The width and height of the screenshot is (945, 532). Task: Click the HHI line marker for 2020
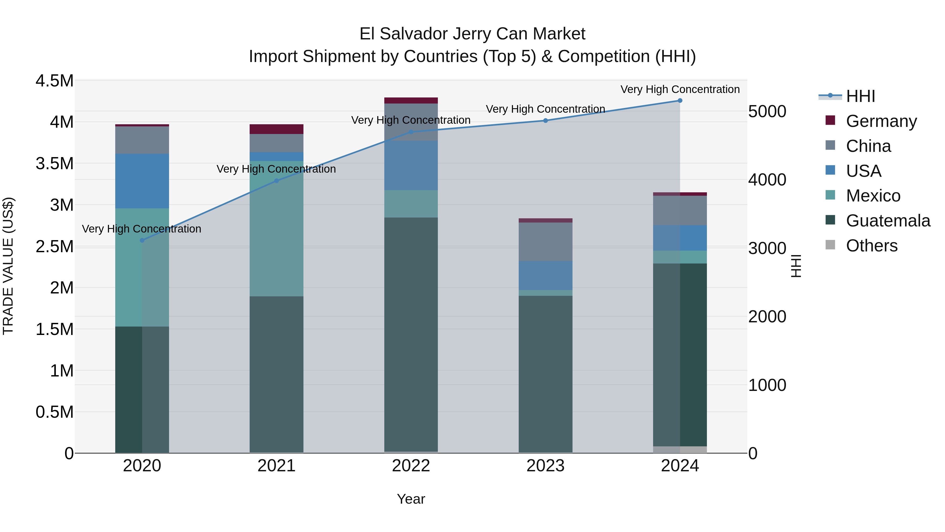click(x=142, y=240)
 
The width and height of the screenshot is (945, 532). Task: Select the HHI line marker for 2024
click(x=680, y=101)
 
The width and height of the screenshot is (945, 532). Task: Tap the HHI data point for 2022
click(x=411, y=132)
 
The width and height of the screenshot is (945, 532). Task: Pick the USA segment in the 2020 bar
click(x=142, y=181)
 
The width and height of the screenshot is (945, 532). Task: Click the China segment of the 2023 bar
click(x=545, y=242)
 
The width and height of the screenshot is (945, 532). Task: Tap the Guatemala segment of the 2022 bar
click(x=411, y=334)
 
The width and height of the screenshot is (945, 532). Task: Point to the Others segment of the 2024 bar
click(x=680, y=450)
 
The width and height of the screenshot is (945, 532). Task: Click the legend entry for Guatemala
click(x=888, y=221)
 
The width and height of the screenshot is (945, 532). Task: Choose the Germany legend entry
click(x=881, y=121)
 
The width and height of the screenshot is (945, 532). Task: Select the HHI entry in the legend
click(x=860, y=96)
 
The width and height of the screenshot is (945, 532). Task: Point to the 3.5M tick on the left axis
click(x=54, y=163)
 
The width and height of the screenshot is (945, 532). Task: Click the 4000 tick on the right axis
click(x=767, y=180)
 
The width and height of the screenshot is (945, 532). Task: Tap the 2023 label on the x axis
click(x=545, y=466)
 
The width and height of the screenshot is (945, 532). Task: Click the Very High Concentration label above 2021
click(x=276, y=169)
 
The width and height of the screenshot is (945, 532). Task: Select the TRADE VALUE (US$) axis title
click(x=8, y=266)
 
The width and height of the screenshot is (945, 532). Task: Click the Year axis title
click(x=411, y=499)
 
